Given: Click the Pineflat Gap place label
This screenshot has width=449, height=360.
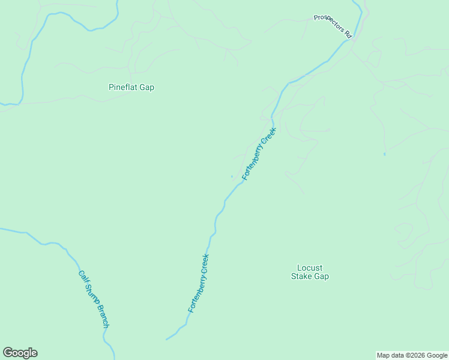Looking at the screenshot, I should click(x=131, y=87).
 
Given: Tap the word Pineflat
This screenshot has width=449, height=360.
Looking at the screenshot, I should click(x=123, y=87).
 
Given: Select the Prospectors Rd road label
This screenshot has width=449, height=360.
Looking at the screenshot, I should click(x=332, y=26).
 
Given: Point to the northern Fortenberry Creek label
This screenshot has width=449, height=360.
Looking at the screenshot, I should click(x=259, y=154).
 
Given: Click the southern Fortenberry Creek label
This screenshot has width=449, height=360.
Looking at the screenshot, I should click(x=198, y=283).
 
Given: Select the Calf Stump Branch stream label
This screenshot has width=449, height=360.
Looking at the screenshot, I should click(x=94, y=299).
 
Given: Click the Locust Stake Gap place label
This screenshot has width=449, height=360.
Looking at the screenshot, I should click(x=310, y=272).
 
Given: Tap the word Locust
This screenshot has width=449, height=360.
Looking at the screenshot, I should click(x=310, y=268).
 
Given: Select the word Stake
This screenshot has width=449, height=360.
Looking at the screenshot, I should click(x=303, y=277).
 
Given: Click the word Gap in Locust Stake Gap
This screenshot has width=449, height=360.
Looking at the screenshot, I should click(x=322, y=277).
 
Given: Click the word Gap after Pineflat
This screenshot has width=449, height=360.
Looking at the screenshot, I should click(x=147, y=87).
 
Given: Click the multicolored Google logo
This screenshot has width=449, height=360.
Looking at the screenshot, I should click(x=20, y=353).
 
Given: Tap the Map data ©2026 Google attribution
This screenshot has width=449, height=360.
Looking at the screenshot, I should click(x=412, y=355).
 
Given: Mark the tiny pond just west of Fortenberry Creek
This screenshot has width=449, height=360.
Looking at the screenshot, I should click(x=232, y=176).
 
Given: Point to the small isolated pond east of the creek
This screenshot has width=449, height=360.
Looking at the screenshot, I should click(x=384, y=154).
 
